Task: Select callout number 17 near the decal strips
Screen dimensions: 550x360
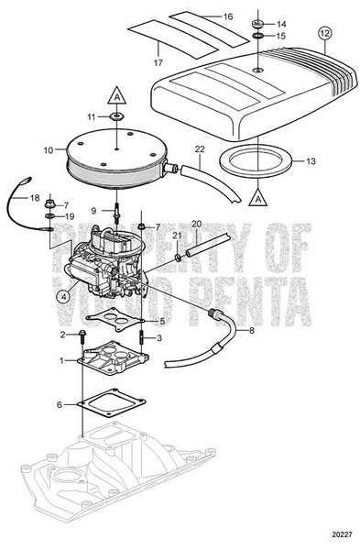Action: click(x=158, y=63)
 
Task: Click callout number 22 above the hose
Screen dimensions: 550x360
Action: click(x=199, y=149)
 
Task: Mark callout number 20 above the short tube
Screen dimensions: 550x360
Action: click(x=194, y=225)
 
